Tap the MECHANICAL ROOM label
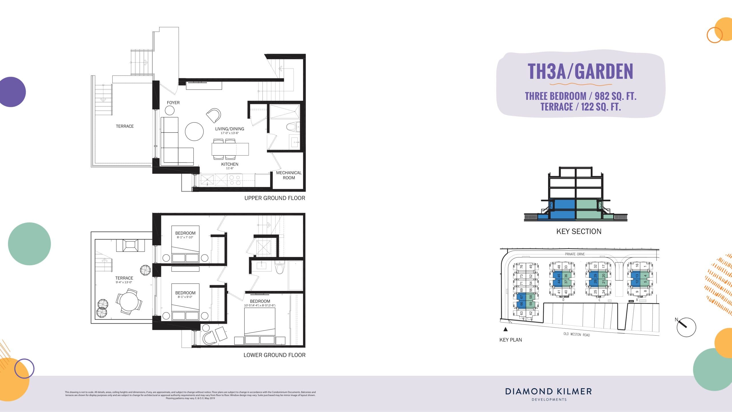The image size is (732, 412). pyautogui.click(x=289, y=175)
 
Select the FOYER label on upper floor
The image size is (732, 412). pyautogui.click(x=173, y=102)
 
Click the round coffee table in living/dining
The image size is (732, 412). pyautogui.click(x=194, y=131)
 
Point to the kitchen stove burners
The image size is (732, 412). pyautogui.click(x=235, y=180)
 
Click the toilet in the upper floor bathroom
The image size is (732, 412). pyautogui.click(x=292, y=126)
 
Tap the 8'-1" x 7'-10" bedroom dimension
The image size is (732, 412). pyautogui.click(x=185, y=237)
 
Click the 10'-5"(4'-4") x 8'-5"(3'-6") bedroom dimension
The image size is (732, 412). pyautogui.click(x=260, y=306)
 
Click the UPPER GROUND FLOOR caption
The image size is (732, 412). pyautogui.click(x=274, y=198)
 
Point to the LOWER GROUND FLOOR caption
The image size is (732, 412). pyautogui.click(x=274, y=355)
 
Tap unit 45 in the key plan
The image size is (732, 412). pyautogui.click(x=559, y=276)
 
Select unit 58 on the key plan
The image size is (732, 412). pyautogui.click(x=531, y=297)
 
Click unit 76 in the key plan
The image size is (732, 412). pyautogui.click(x=521, y=266)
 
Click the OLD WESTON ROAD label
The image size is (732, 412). pyautogui.click(x=576, y=334)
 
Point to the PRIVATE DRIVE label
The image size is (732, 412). pyautogui.click(x=575, y=254)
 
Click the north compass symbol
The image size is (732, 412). pyautogui.click(x=686, y=327)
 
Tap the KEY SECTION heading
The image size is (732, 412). pyautogui.click(x=578, y=231)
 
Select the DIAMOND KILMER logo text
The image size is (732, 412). pyautogui.click(x=548, y=391)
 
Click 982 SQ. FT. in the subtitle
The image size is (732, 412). pyautogui.click(x=615, y=96)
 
